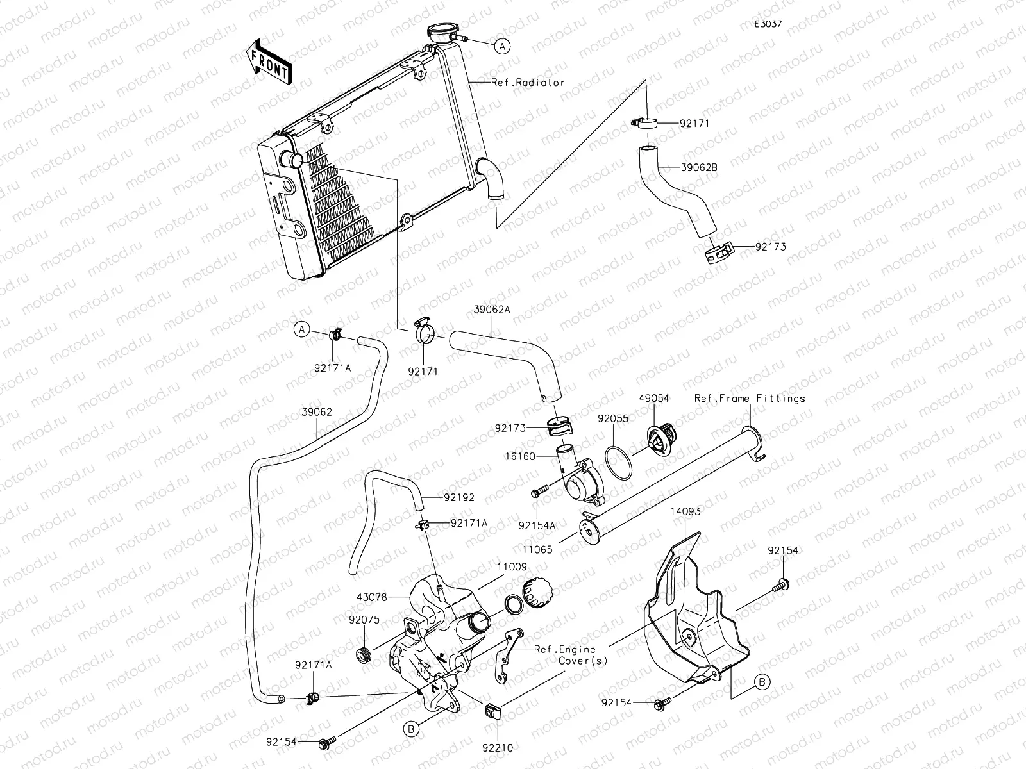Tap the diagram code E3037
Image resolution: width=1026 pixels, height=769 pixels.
pyautogui.click(x=768, y=24)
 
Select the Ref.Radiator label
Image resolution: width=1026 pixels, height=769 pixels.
pyautogui.click(x=528, y=83)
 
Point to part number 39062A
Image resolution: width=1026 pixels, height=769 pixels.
pyautogui.click(x=492, y=310)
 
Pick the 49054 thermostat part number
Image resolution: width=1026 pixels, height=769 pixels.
pyautogui.click(x=653, y=399)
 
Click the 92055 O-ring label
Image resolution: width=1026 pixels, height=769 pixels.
pyautogui.click(x=612, y=418)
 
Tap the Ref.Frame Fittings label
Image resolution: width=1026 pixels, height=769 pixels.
pyautogui.click(x=750, y=399)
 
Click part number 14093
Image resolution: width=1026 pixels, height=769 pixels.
pyautogui.click(x=685, y=512)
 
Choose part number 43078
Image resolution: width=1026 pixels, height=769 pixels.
pyautogui.click(x=371, y=597)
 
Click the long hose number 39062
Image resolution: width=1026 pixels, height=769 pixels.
pyautogui.click(x=317, y=413)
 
